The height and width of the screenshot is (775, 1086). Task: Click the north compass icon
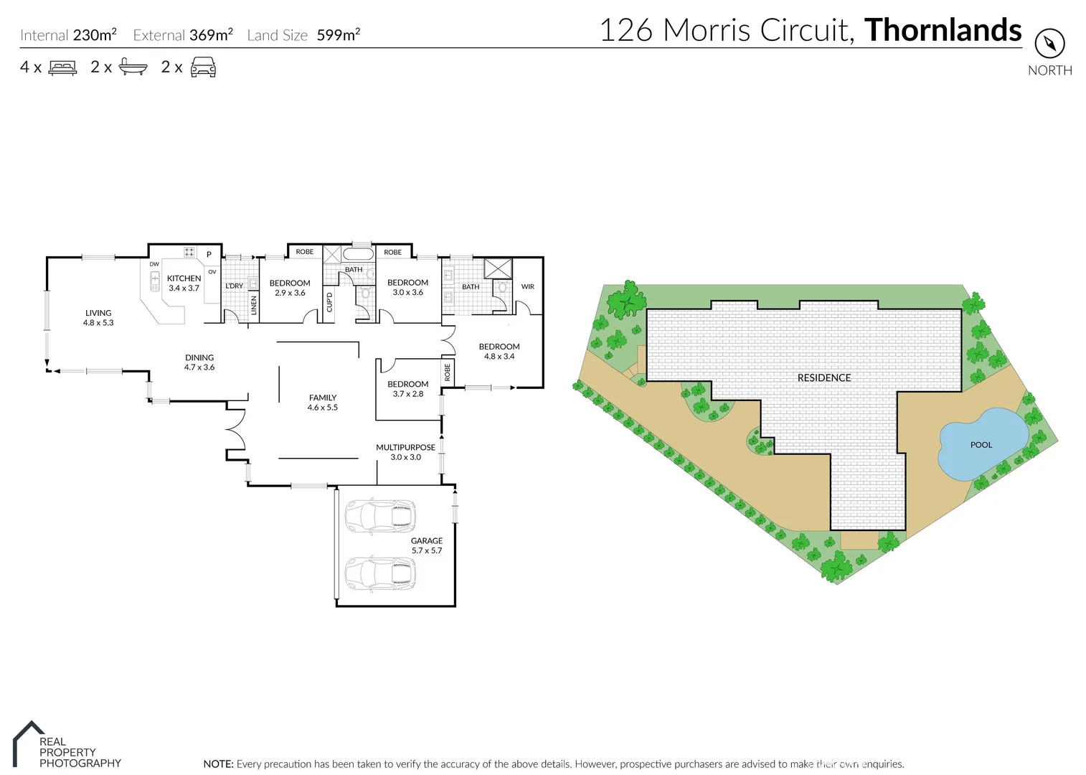tap(1049, 44)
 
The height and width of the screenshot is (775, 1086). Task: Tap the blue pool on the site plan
tap(981, 444)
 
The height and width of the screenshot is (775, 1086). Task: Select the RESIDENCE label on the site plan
tap(824, 377)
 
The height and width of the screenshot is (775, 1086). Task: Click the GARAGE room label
tap(427, 541)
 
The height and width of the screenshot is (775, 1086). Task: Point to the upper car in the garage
tap(380, 517)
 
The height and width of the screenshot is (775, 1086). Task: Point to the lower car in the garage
tap(380, 573)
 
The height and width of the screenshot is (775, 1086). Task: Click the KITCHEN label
tap(184, 278)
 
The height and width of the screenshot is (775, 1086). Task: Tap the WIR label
tap(528, 286)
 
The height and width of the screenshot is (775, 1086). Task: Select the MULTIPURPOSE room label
tap(405, 447)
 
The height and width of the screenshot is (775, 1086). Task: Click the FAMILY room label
tap(323, 398)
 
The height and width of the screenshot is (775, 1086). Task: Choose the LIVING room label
tap(98, 313)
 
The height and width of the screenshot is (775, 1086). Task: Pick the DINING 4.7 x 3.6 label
tap(199, 362)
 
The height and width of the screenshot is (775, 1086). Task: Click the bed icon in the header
tap(62, 67)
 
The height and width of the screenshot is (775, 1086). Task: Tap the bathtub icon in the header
tap(133, 67)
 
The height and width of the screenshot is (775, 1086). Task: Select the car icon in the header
tap(203, 67)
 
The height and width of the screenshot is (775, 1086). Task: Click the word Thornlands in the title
tap(943, 30)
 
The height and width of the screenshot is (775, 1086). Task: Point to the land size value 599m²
tap(339, 35)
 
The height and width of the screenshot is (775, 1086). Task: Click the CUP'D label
tap(330, 302)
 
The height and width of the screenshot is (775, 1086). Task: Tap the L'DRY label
tap(235, 286)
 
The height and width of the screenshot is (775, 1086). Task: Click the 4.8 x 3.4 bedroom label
tap(499, 352)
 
